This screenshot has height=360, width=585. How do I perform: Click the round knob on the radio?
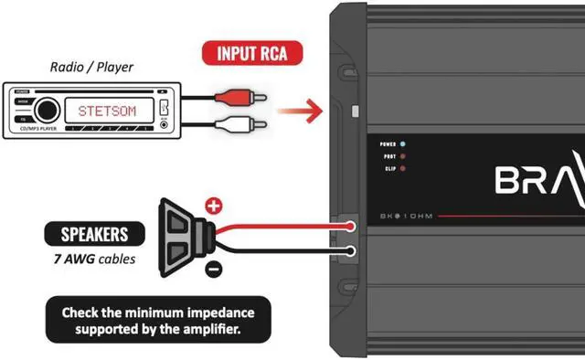(x=48, y=110)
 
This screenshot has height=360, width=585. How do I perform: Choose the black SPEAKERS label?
(x=89, y=233)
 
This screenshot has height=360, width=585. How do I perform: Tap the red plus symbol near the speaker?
(x=213, y=206)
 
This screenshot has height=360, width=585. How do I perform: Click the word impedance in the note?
(x=216, y=312)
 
